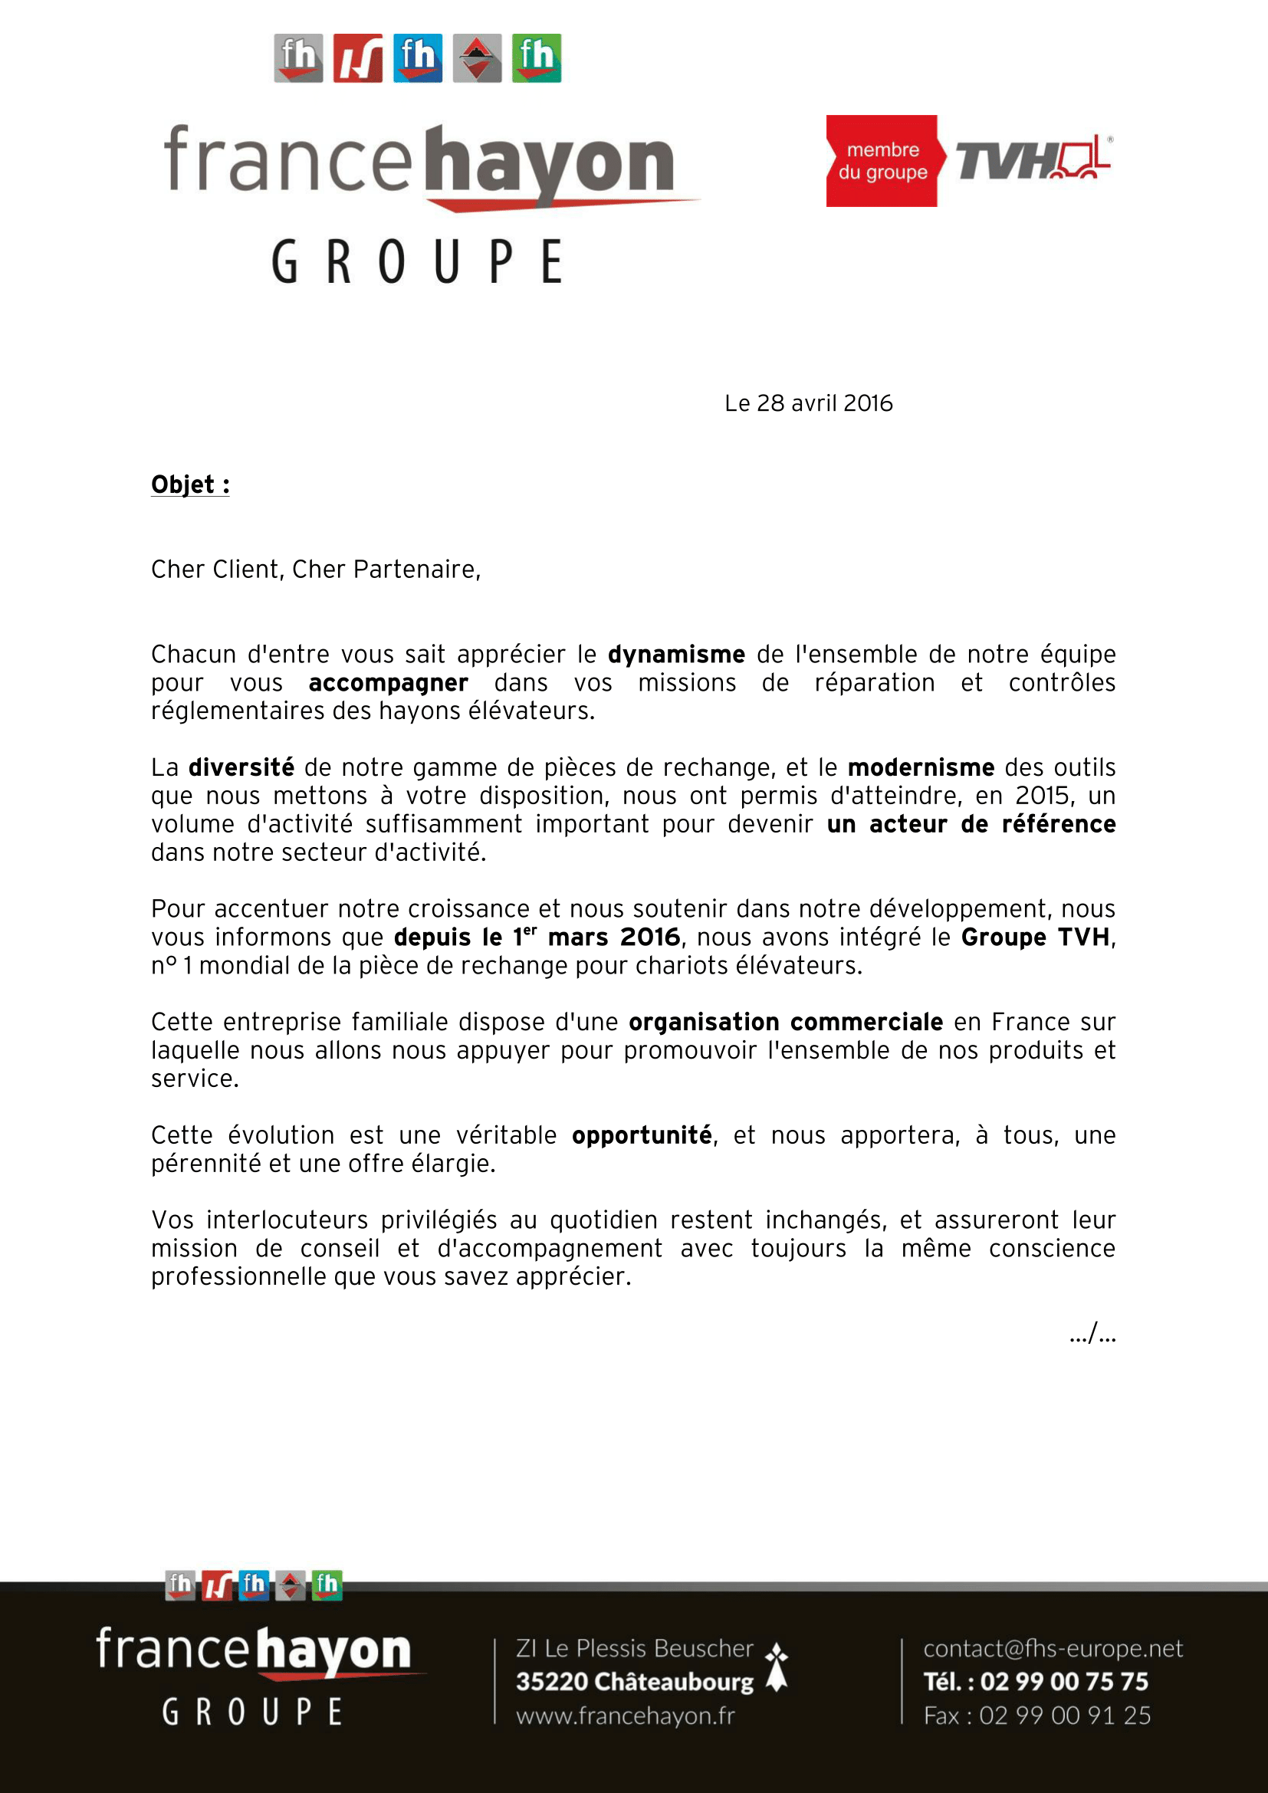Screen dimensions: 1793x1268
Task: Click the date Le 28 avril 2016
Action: [808, 403]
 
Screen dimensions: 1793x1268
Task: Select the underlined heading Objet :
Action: [189, 485]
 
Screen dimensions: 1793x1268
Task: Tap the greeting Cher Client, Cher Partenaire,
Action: [315, 570]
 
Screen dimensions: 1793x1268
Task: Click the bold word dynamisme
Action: [676, 655]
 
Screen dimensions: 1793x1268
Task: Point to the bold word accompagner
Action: [388, 683]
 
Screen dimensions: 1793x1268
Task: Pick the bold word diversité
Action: [241, 767]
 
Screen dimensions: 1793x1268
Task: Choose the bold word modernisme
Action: [921, 767]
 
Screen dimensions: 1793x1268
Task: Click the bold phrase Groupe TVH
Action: [1034, 937]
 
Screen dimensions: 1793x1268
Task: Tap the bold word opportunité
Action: [641, 1135]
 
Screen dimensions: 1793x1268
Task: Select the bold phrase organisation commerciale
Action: [786, 1023]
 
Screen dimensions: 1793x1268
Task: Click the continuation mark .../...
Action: [1092, 1334]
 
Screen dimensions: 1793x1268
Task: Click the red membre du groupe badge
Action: [882, 161]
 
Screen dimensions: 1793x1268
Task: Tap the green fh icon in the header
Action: [537, 57]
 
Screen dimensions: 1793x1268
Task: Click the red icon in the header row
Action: [357, 57]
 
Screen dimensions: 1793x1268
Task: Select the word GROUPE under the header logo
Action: [417, 261]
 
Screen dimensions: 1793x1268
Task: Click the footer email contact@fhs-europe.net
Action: [1053, 1649]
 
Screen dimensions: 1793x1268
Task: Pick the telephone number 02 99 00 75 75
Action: [1063, 1681]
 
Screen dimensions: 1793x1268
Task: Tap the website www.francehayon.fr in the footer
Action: [626, 1716]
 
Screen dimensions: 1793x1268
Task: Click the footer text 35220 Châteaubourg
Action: [634, 1681]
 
